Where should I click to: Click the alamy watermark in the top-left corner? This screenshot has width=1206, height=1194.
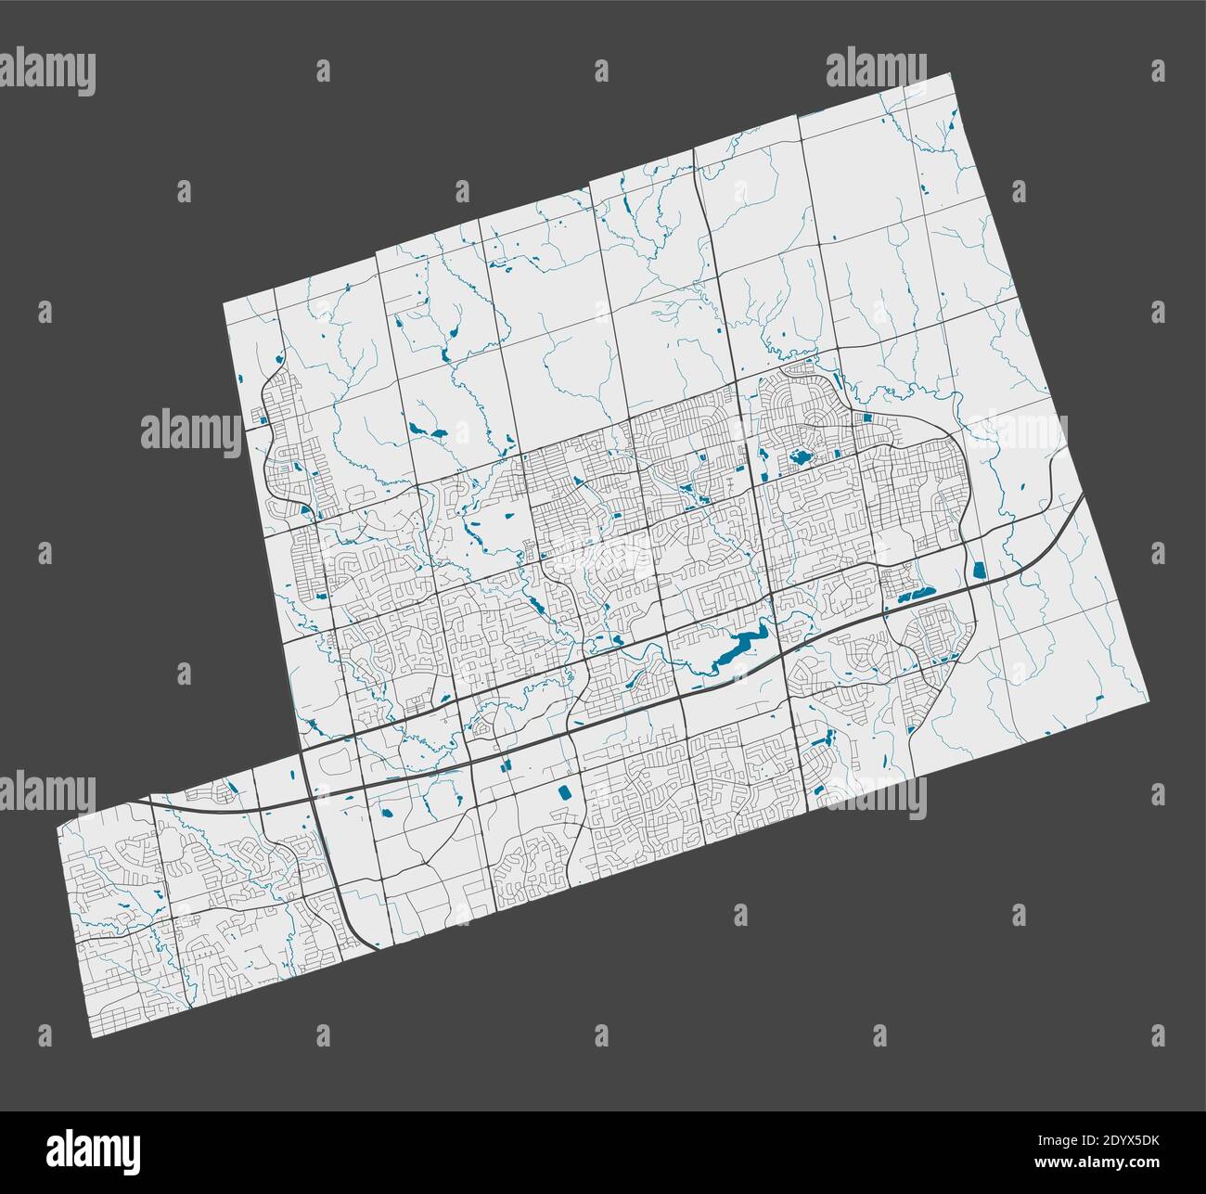[47, 72]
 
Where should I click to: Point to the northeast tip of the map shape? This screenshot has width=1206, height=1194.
[953, 75]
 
